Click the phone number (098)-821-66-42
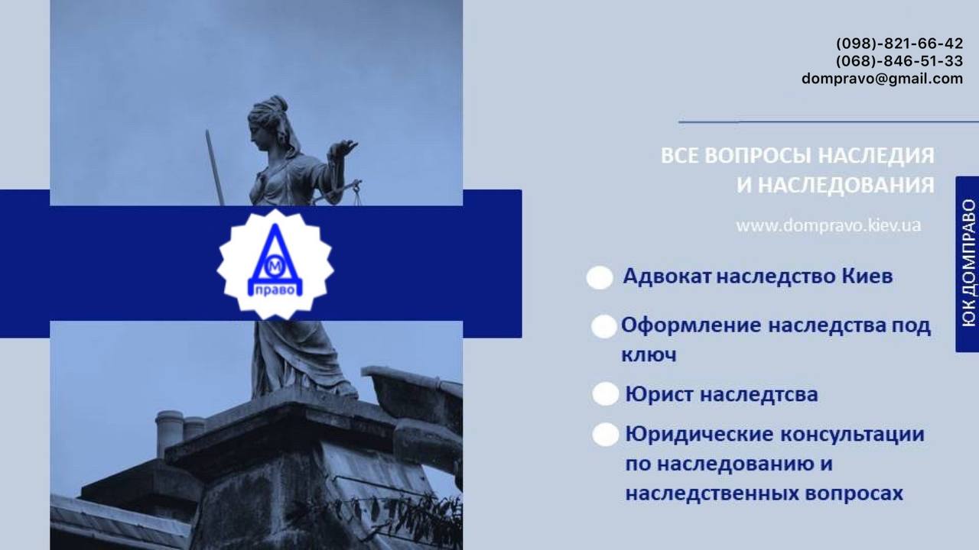pyautogui.click(x=899, y=44)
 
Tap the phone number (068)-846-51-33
pyautogui.click(x=899, y=61)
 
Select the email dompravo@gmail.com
pyautogui.click(x=883, y=79)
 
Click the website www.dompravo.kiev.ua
pyautogui.click(x=828, y=225)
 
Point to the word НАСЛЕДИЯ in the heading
pyautogui.click(x=876, y=156)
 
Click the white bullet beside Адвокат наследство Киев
pyautogui.click(x=600, y=277)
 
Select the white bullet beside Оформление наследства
pyautogui.click(x=603, y=326)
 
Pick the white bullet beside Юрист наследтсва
pyautogui.click(x=605, y=393)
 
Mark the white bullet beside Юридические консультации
pyautogui.click(x=605, y=435)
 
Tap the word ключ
pyautogui.click(x=649, y=355)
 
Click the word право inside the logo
pyautogui.click(x=275, y=290)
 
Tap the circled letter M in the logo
pyautogui.click(x=274, y=270)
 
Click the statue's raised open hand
pyautogui.click(x=343, y=149)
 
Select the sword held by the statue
pyautogui.click(x=215, y=167)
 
